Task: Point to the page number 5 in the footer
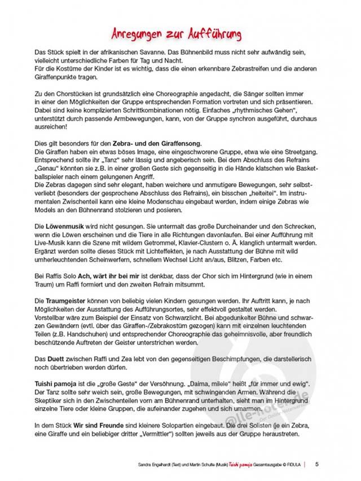click(316, 464)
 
